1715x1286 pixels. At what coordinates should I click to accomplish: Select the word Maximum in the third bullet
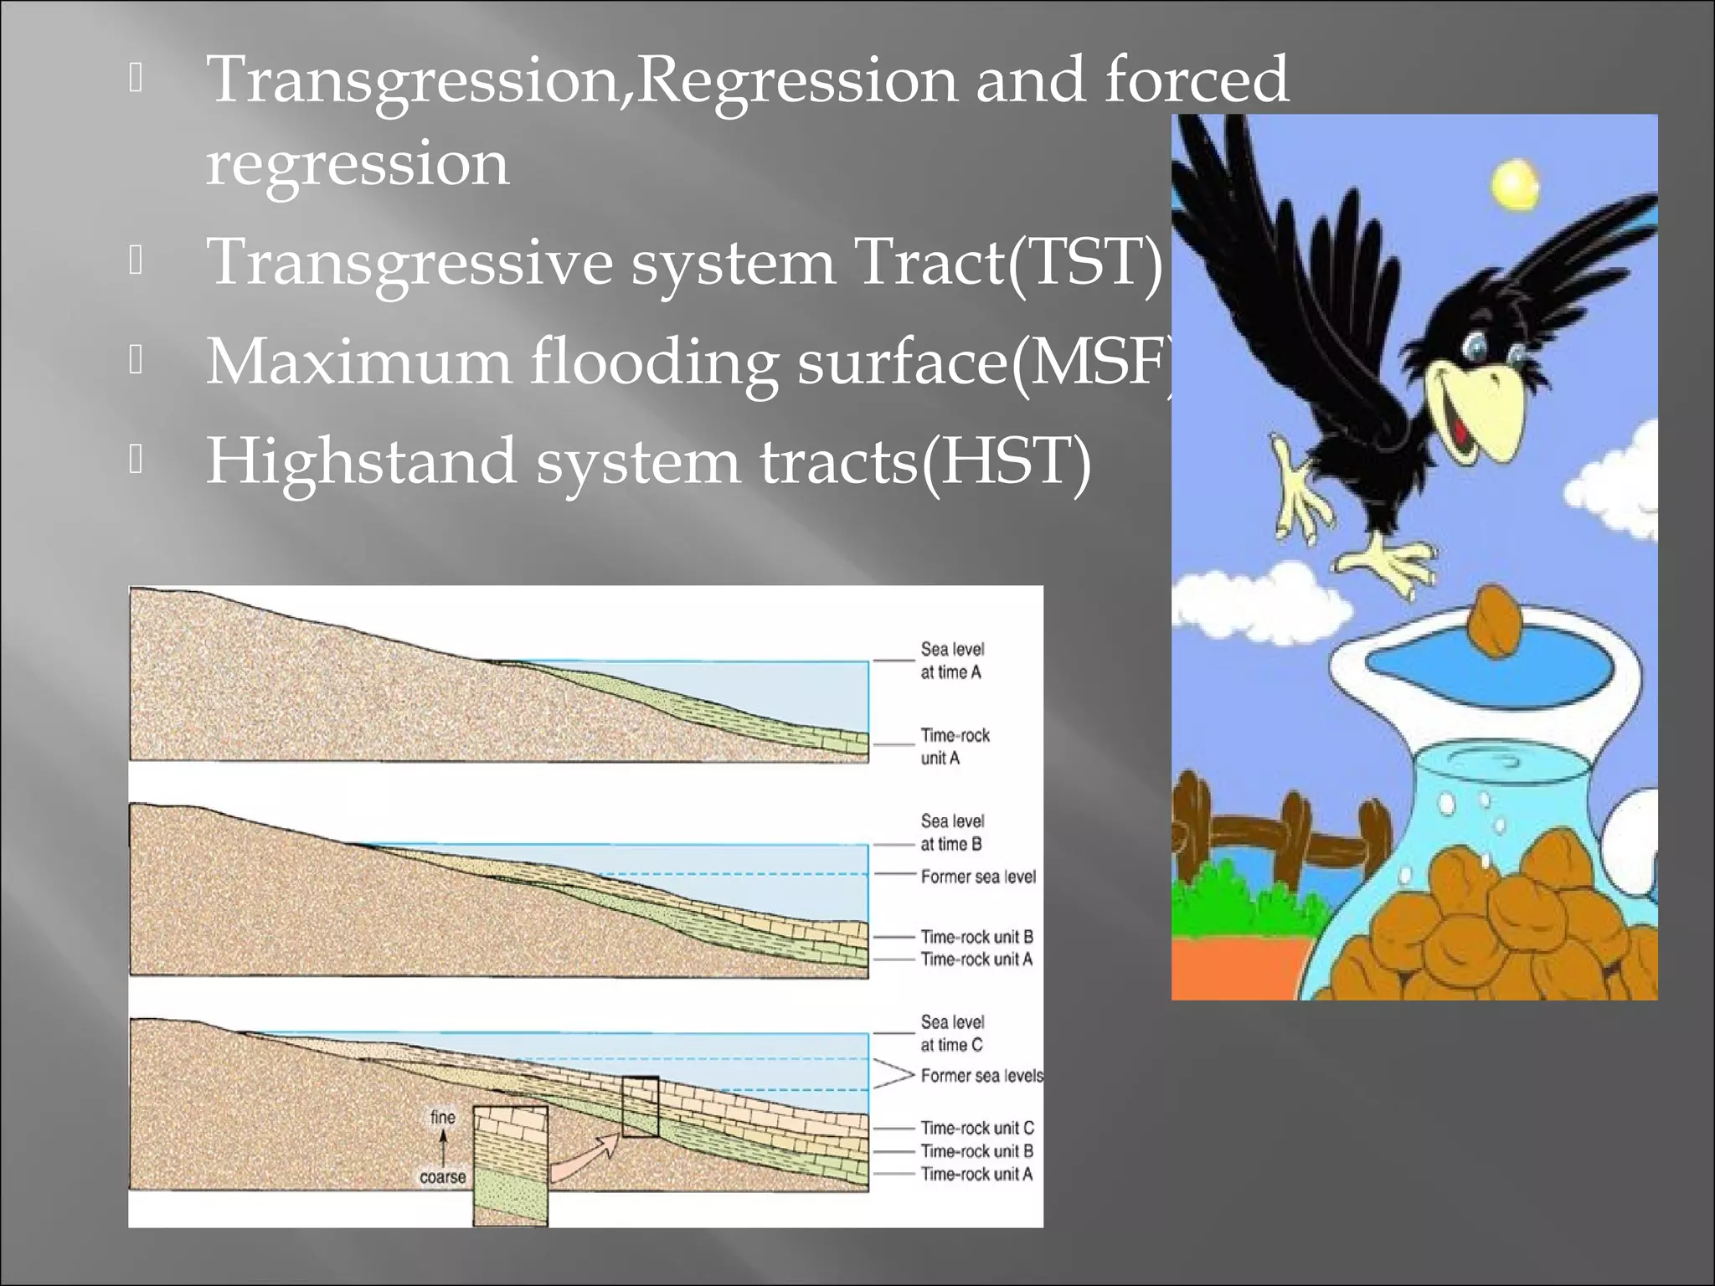358,363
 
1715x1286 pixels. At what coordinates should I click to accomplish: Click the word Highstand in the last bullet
361,461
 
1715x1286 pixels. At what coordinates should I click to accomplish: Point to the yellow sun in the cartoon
1515,185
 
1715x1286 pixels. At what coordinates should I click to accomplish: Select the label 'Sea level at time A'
952,661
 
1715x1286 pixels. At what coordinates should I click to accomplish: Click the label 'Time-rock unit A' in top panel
954,747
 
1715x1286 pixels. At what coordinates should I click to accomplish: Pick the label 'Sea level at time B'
952,833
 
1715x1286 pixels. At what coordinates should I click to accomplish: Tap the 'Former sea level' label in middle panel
977,877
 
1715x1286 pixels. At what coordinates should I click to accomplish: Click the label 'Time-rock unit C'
976,1128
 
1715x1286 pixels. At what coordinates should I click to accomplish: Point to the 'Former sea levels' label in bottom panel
981,1076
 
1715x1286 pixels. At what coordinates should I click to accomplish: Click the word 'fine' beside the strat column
442,1117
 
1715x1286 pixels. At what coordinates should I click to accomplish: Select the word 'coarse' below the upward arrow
442,1177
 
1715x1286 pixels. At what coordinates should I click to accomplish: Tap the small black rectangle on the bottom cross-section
640,1106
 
